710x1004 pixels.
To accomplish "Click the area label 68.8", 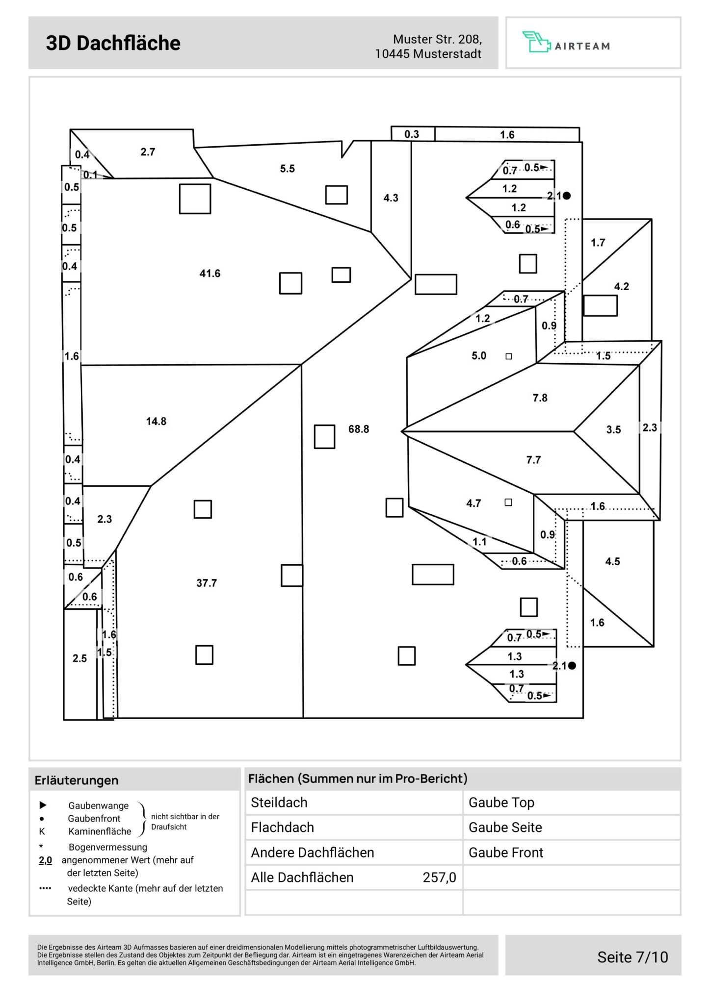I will [x=358, y=429].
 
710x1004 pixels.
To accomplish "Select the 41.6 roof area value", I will [x=210, y=274].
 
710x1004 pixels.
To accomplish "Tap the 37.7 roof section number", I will [x=206, y=583].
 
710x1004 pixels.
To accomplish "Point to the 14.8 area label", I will [x=156, y=421].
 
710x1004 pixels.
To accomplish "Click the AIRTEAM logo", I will [x=566, y=44].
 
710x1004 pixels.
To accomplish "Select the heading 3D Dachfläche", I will [x=113, y=43].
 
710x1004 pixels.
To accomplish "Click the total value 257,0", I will [x=439, y=878].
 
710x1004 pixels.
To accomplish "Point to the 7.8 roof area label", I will [x=540, y=398].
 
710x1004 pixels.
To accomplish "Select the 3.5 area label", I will [x=613, y=430].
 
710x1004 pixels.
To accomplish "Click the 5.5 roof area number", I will [x=288, y=169].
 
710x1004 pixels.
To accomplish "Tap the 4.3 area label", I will [x=391, y=198].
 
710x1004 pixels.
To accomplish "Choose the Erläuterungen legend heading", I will [x=77, y=780].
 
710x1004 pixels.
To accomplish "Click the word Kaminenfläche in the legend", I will [x=100, y=831].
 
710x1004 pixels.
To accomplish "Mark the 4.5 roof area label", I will [x=612, y=562].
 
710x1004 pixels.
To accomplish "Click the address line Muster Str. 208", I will [x=437, y=39].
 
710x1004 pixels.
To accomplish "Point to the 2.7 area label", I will [x=148, y=152].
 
